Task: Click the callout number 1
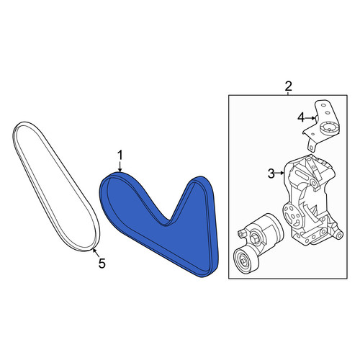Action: (120, 156)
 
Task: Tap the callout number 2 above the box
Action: (288, 86)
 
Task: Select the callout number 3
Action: (271, 174)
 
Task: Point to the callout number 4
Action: (301, 117)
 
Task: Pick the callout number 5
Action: (102, 264)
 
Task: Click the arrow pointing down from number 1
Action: (120, 166)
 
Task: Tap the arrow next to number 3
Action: (280, 173)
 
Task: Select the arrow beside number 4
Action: (310, 118)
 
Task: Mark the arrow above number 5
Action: (96, 253)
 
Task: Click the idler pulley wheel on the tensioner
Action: (245, 260)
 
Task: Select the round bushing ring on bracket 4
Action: (328, 128)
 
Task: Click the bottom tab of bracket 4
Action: (312, 145)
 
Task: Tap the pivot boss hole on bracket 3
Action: (314, 184)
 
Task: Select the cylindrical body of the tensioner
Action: (268, 230)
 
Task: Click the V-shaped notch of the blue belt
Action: (170, 220)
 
